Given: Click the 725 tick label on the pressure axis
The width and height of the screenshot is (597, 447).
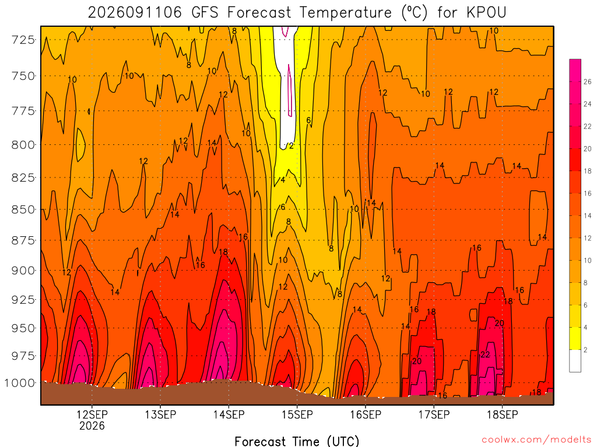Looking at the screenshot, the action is tap(23, 40).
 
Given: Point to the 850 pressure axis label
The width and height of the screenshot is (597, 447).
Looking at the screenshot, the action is tap(23, 210).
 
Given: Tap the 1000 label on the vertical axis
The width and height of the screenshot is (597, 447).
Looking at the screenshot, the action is tap(20, 383).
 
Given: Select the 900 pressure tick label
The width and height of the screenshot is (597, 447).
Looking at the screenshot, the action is tap(23, 271).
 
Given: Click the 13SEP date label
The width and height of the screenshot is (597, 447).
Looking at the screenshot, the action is tap(160, 414).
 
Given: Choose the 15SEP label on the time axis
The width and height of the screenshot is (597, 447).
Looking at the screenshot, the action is tap(297, 414).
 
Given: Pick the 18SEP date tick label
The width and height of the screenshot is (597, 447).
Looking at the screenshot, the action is tap(503, 414).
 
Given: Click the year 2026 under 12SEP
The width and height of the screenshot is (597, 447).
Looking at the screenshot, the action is tap(92, 425).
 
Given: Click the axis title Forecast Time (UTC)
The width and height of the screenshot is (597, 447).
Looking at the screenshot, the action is tap(297, 441).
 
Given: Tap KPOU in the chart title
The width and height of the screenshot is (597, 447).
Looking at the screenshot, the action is tap(487, 13).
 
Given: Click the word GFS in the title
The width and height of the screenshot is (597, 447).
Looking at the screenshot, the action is tap(205, 13).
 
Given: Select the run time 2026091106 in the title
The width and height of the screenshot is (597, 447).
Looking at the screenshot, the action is tap(135, 13).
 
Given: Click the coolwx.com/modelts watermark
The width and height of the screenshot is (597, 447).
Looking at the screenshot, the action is tap(536, 440).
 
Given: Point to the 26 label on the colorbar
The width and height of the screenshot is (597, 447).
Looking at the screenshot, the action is tap(588, 81).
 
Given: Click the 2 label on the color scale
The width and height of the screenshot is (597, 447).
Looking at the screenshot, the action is tap(585, 350).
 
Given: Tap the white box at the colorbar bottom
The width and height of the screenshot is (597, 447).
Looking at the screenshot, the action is tap(575, 361).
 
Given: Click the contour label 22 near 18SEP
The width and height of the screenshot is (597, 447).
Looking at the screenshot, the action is tap(485, 354).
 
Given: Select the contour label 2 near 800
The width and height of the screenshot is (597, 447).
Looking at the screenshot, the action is tap(292, 146).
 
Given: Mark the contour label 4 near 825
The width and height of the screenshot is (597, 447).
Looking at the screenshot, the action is tap(283, 180).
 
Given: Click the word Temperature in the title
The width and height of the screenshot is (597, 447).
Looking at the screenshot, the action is tap(346, 13).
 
